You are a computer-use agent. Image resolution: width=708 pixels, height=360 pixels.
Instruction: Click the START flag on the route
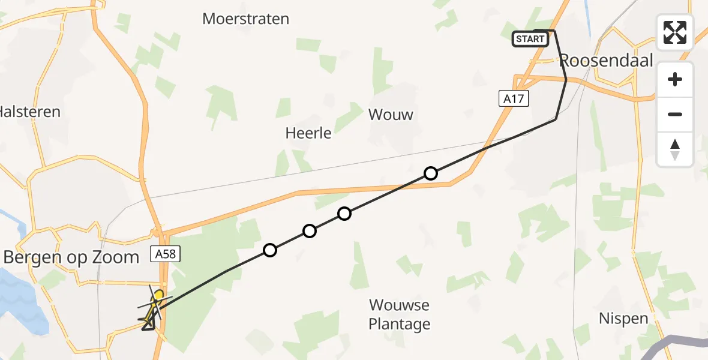pos(530,40)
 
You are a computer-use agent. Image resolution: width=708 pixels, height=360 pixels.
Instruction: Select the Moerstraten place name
pos(245,19)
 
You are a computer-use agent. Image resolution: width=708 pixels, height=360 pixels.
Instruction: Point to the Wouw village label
pos(391,114)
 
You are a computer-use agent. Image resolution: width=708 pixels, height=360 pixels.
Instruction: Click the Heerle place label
pos(308,133)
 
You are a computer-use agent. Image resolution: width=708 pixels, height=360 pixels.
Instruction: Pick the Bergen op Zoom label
pos(71,257)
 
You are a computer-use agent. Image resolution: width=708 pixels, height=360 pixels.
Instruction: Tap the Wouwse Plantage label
pos(399,314)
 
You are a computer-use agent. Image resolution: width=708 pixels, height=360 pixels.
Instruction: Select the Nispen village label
pos(623,319)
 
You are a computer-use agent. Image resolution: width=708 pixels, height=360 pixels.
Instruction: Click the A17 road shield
pos(514,98)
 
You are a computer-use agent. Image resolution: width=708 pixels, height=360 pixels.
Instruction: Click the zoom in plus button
pos(675,79)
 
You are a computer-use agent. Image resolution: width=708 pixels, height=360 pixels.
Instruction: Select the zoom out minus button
pos(675,114)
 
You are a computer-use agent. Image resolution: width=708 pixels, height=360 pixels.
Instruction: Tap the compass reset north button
pos(675,149)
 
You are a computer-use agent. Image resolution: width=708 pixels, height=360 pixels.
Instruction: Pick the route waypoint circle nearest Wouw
pos(430,173)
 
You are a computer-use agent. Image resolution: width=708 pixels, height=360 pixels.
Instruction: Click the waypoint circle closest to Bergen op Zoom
pos(270,250)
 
